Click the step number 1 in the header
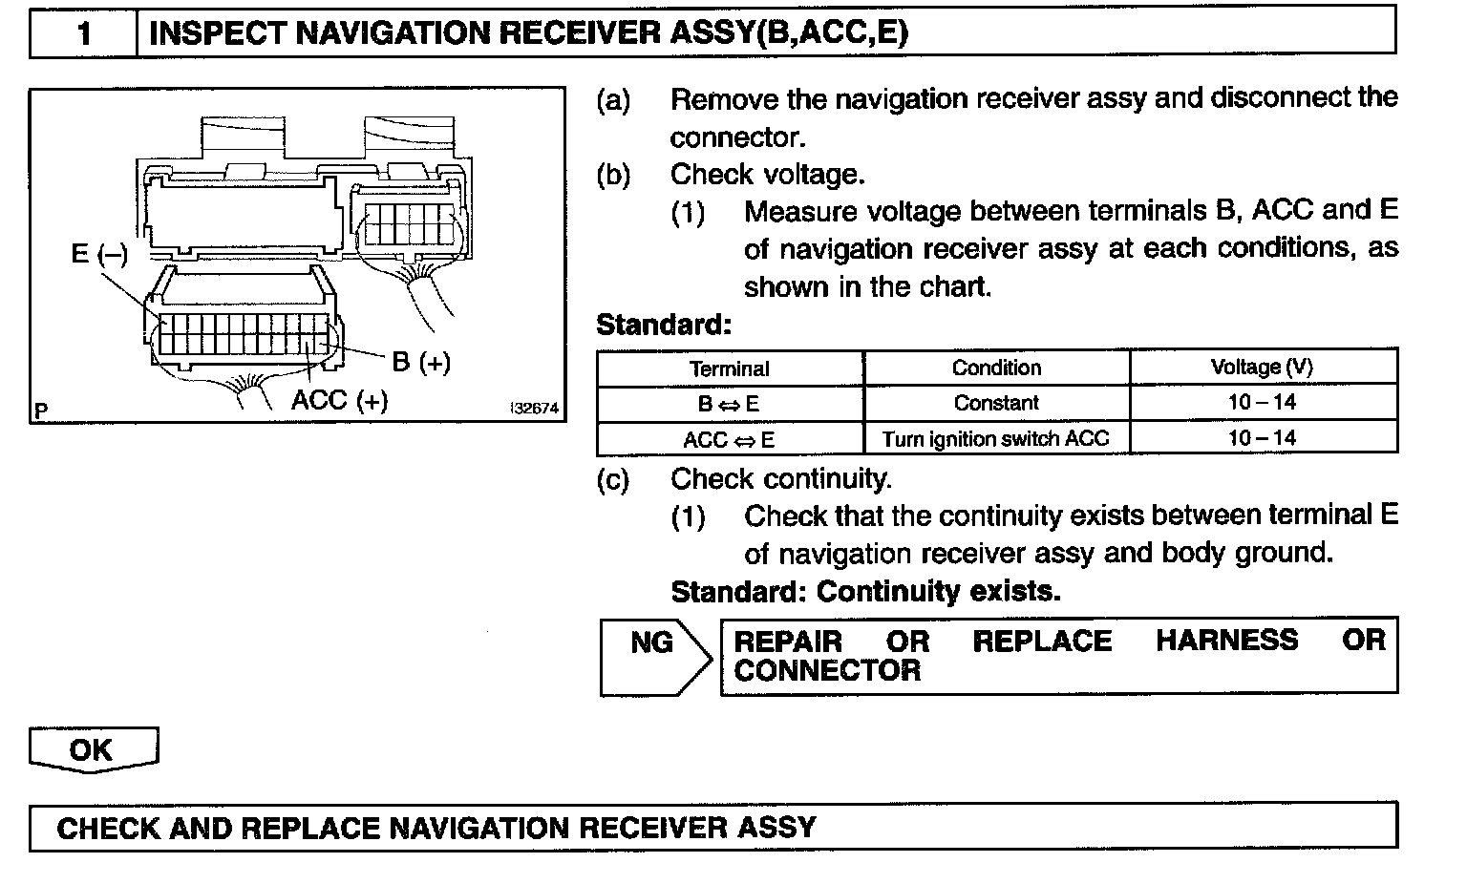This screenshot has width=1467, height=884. (x=83, y=34)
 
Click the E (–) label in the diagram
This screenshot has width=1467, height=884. (x=99, y=255)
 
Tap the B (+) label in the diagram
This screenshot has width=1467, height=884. (x=421, y=362)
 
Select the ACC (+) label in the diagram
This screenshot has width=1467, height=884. (x=340, y=399)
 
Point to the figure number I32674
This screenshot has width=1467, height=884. (x=535, y=409)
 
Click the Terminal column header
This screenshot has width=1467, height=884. (x=729, y=368)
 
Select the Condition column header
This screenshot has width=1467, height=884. (x=996, y=368)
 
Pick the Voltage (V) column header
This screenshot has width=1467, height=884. (x=1262, y=367)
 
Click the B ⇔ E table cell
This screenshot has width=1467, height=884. (x=729, y=404)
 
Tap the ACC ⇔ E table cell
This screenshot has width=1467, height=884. (x=729, y=439)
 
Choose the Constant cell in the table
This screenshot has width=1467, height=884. (x=996, y=403)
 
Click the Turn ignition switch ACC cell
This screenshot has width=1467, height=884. (x=996, y=439)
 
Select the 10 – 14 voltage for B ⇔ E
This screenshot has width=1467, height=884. (x=1262, y=402)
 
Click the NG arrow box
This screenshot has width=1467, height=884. (x=653, y=655)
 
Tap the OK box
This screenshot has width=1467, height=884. (x=92, y=749)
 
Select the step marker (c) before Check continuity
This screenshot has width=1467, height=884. (x=613, y=478)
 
